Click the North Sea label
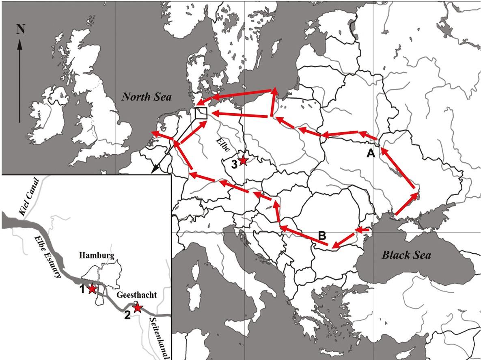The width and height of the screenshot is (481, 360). (x=147, y=97)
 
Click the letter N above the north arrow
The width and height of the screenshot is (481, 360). (x=19, y=29)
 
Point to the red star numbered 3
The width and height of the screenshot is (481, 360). (x=243, y=160)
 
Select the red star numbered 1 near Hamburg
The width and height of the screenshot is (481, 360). (x=92, y=289)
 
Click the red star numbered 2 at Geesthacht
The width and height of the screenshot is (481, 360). (x=138, y=307)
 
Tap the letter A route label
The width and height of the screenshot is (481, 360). (x=370, y=153)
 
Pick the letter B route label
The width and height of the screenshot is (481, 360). (x=322, y=235)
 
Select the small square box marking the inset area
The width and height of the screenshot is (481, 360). (x=201, y=113)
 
